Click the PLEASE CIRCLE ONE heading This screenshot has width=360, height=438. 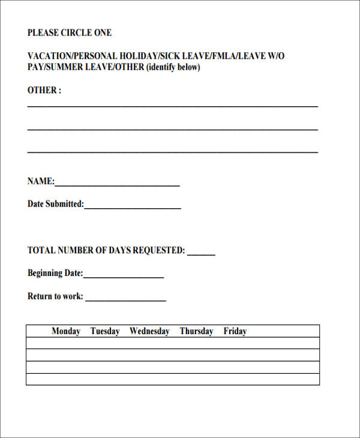[70, 33]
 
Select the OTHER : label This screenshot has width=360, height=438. [44, 91]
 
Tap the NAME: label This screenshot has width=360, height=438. [41, 181]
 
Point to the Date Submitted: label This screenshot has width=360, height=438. [56, 204]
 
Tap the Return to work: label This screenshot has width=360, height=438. [55, 296]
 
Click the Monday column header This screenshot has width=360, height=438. [66, 331]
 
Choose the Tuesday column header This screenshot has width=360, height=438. [105, 331]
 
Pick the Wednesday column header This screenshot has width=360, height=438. [149, 331]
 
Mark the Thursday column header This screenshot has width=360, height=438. [196, 331]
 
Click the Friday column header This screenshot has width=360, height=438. [235, 331]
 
